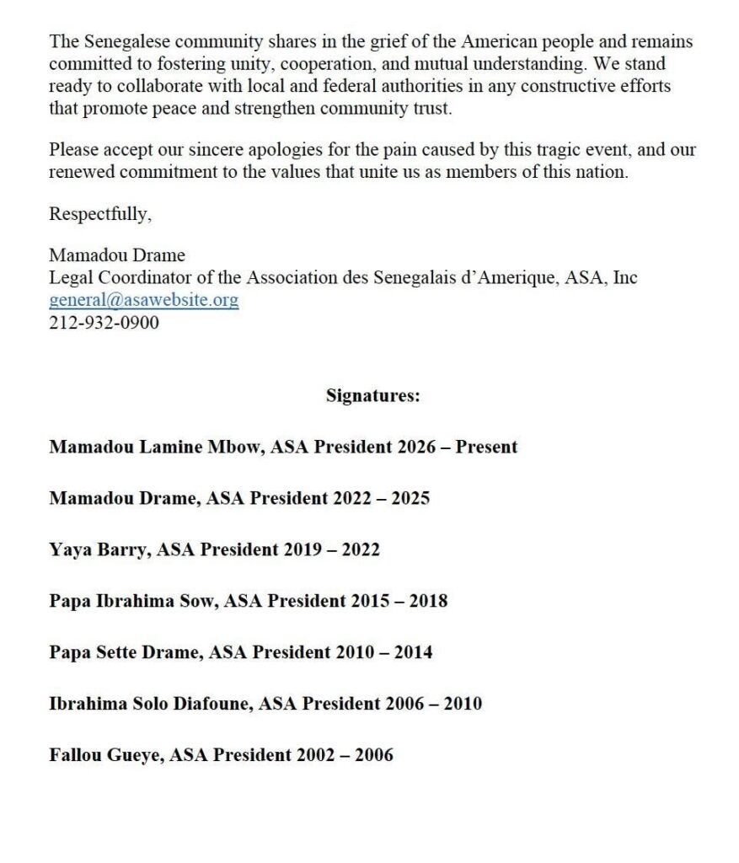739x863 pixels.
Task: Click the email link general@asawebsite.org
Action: click(x=143, y=300)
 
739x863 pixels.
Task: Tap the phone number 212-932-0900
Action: click(x=104, y=322)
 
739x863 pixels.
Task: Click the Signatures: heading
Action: click(x=372, y=395)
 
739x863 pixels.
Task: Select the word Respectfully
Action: click(x=99, y=214)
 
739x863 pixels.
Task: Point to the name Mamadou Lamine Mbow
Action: click(x=157, y=447)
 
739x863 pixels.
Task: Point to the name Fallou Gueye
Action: click(x=104, y=755)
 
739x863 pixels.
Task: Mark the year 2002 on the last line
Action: click(x=315, y=755)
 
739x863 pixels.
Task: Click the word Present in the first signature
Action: click(x=486, y=447)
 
